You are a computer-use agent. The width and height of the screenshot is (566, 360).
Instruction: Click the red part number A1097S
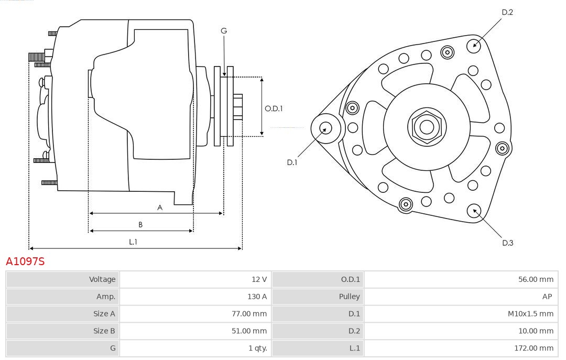[x=25, y=261]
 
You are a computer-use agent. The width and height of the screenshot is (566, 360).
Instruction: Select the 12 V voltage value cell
[x=259, y=279]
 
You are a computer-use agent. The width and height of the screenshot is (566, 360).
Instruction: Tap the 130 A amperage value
[x=257, y=297]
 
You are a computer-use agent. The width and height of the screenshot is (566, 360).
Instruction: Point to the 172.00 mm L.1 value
[x=534, y=347]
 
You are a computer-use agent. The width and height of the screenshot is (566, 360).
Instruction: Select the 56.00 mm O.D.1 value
[x=536, y=279]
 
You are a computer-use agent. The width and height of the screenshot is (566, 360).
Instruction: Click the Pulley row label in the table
[x=349, y=297]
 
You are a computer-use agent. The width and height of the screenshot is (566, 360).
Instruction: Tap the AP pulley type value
[x=547, y=297]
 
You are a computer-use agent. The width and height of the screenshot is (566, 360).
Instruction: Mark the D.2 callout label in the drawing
[x=507, y=12]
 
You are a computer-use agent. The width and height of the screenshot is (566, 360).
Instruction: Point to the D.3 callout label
[x=507, y=243]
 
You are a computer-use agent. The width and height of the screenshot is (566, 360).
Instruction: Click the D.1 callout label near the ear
[x=292, y=162]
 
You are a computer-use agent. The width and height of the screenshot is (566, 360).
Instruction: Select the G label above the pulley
[x=224, y=31]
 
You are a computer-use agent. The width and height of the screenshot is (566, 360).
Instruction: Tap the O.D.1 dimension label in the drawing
[x=274, y=108]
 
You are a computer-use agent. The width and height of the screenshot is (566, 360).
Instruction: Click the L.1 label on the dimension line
[x=133, y=242]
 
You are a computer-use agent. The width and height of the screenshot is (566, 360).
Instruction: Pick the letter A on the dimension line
[x=160, y=208]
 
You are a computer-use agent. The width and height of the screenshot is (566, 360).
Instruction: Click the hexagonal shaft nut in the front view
[x=427, y=126]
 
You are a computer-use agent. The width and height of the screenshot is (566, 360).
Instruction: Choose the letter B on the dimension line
[x=140, y=225]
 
